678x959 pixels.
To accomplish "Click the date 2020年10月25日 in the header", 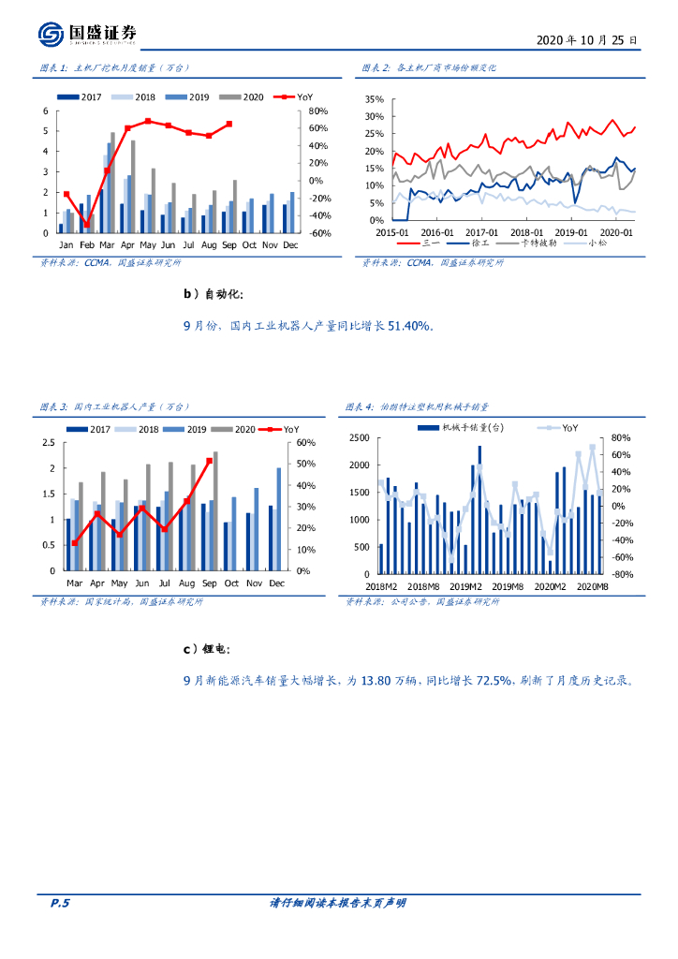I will point(587,41).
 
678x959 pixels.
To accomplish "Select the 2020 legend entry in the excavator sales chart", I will point(247,97).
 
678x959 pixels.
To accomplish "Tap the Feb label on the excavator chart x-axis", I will point(87,244).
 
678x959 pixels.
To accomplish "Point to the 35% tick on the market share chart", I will point(375,99).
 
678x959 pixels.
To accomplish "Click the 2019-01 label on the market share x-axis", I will point(570,232).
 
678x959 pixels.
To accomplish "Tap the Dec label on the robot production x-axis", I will point(277,583).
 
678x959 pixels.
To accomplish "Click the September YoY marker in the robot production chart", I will point(209,461).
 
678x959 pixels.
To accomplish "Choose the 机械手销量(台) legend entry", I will point(464,428).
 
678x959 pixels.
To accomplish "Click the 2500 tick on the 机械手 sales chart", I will point(359,438).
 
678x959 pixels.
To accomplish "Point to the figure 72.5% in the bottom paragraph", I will point(494,681).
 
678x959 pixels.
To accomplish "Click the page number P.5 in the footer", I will point(59,903).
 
